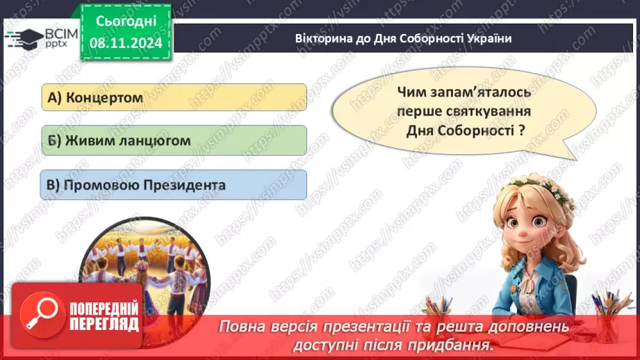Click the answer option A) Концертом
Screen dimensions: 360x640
point(173,97)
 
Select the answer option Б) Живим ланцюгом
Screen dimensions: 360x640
point(173,140)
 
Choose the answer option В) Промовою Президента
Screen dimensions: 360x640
point(173,186)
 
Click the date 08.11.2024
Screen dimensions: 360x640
point(124,42)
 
